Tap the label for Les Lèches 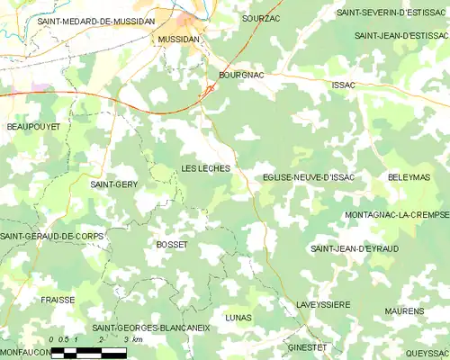205,168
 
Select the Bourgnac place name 241,76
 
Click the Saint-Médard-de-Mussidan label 96,20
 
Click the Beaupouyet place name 33,127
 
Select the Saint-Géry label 114,184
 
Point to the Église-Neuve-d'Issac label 309,177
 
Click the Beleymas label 409,177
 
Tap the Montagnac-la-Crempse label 396,215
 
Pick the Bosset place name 172,245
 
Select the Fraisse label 58,299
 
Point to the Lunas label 238,318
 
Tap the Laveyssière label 323,305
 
